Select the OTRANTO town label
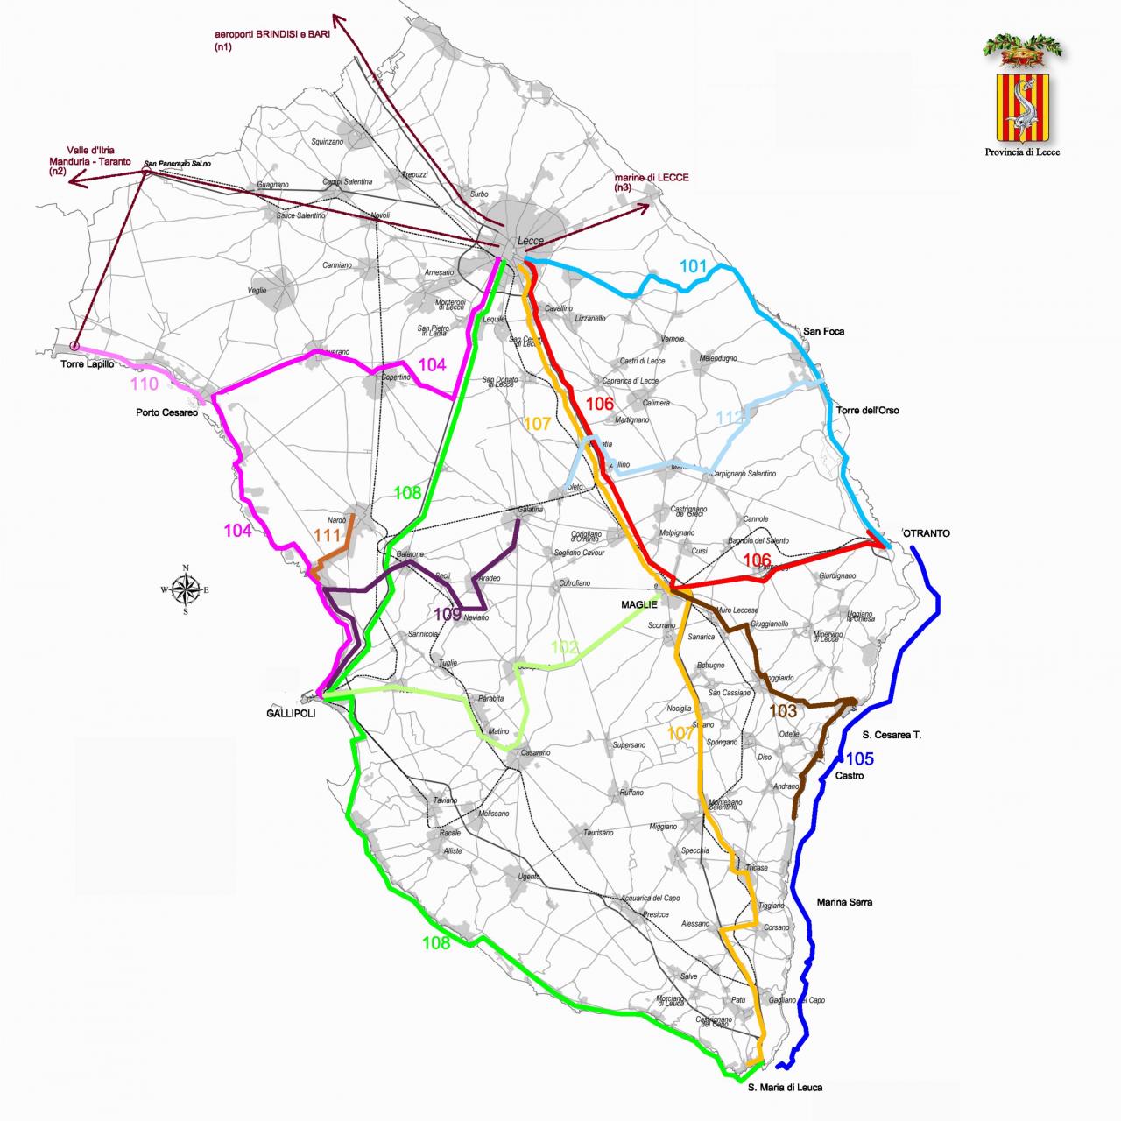click(x=927, y=532)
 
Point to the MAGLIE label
click(x=638, y=604)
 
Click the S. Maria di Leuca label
click(x=785, y=1088)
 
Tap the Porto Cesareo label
click(x=166, y=412)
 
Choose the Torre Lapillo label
click(x=87, y=364)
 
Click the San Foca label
click(x=823, y=331)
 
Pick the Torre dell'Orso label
click(x=867, y=410)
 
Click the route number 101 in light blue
click(x=693, y=266)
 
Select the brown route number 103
click(x=783, y=711)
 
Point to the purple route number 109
click(x=447, y=614)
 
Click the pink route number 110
click(x=145, y=384)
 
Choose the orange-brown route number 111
click(x=327, y=535)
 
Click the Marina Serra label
click(x=844, y=902)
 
